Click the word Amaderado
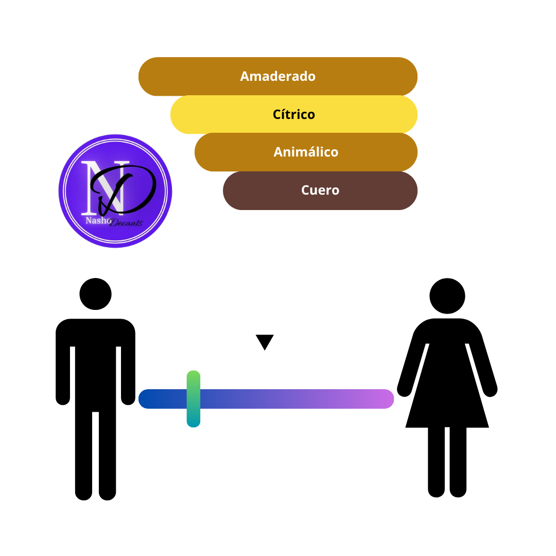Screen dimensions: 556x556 point(277,76)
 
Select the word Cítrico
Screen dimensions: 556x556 point(293,114)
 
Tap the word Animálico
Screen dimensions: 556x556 point(306,152)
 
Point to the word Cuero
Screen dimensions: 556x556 point(320,190)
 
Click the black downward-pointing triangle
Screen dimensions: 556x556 point(265,341)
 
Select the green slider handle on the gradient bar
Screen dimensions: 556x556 point(193,399)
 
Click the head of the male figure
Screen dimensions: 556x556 point(95,294)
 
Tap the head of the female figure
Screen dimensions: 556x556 point(447,296)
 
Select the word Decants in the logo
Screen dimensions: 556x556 point(126,223)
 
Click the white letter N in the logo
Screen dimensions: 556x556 point(103,188)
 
